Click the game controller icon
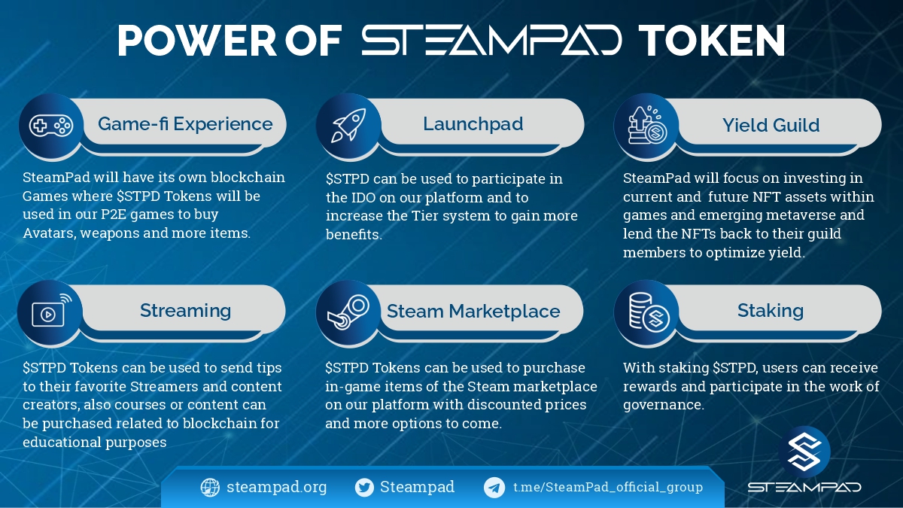tap(50, 126)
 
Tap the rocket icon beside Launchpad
tap(348, 126)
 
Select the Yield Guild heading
tap(771, 125)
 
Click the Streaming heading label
tap(185, 310)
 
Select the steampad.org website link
tap(276, 487)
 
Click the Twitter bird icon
tap(364, 488)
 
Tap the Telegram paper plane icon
tap(494, 488)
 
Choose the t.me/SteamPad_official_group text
tap(607, 487)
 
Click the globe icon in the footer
tap(210, 488)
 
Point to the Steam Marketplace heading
tap(473, 311)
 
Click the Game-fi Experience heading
tap(185, 123)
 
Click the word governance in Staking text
tap(663, 405)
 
